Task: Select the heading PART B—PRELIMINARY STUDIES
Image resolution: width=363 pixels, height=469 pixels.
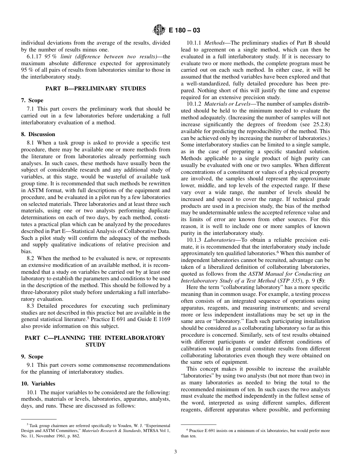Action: (96, 88)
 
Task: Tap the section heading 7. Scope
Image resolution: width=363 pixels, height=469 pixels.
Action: (32, 100)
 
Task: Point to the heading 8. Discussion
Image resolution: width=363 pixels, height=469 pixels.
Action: (38, 134)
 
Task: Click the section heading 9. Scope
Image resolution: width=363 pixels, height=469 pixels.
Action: (32, 357)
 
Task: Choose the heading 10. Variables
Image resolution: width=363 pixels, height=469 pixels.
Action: (38, 384)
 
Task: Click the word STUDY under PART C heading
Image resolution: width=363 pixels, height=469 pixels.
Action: (96, 345)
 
